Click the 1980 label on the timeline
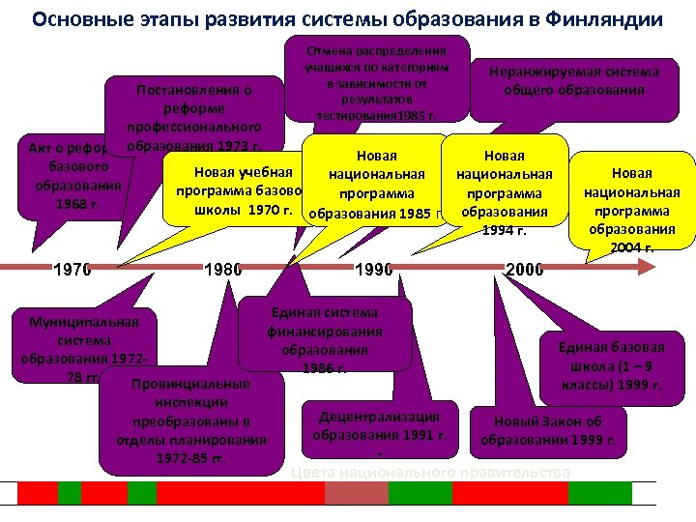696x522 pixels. [x=221, y=270]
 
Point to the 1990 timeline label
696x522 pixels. [x=374, y=270]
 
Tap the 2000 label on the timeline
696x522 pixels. [x=525, y=270]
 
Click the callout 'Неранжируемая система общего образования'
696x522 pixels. [x=573, y=81]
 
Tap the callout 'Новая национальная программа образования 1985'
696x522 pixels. [x=377, y=184]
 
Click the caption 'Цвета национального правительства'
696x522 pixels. [x=430, y=472]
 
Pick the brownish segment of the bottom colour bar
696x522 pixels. [x=356, y=492]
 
